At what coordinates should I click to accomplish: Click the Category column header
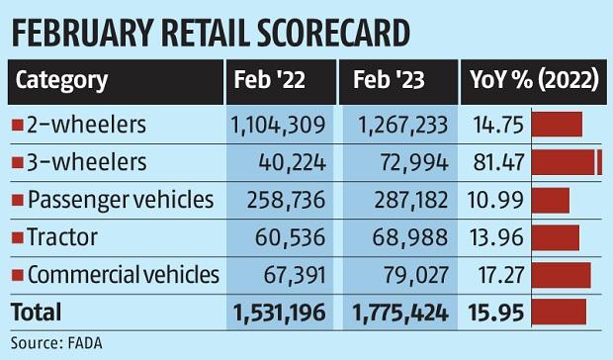(x=61, y=80)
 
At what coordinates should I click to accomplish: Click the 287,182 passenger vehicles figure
(x=399, y=199)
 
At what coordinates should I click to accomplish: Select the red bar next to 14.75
(x=557, y=124)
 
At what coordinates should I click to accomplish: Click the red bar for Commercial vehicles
(x=561, y=274)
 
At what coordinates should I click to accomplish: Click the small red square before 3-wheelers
(x=17, y=162)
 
